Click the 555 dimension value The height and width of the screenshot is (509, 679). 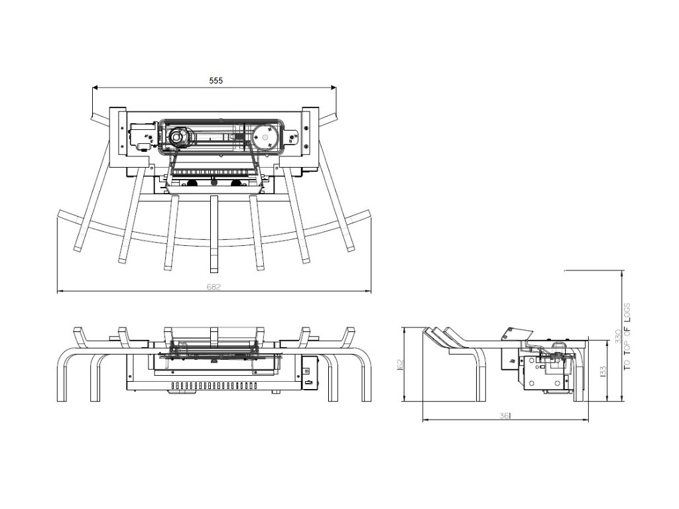point(216,80)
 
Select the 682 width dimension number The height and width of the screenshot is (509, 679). point(214,286)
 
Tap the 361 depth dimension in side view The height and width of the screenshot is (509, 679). point(506,415)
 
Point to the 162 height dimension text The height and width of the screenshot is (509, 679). point(400,365)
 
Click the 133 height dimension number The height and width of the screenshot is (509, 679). point(602,370)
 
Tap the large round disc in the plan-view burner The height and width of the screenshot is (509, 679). point(267,138)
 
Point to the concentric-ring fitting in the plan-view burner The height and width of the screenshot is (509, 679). point(177,137)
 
